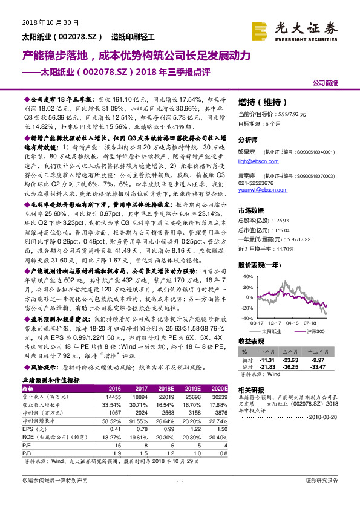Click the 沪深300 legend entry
coord(315,332)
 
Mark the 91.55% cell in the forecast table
coord(140,421)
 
